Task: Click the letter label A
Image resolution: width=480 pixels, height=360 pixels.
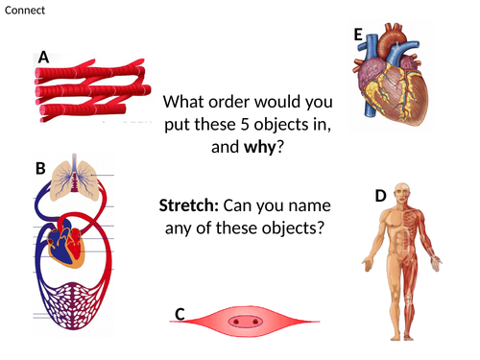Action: point(43,58)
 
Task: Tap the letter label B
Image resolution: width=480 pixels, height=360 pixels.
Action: point(40,169)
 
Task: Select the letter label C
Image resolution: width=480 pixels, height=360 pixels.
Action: point(180,313)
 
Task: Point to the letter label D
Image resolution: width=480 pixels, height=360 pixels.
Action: point(380,196)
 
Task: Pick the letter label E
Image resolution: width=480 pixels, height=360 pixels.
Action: point(358,36)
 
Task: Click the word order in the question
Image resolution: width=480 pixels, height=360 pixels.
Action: point(237,101)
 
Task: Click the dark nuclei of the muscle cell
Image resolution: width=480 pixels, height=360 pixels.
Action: point(248,321)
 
